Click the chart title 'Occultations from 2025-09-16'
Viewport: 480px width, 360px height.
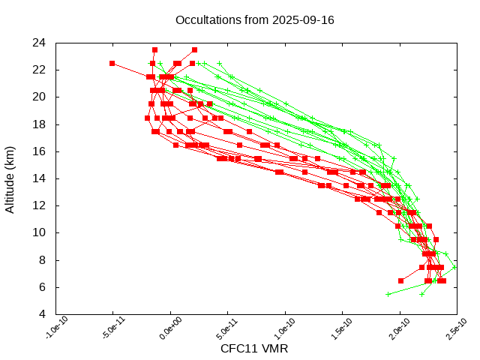(254, 20)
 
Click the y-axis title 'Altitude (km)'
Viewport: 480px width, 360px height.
(10, 178)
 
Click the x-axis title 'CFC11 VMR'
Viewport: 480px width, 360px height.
(254, 349)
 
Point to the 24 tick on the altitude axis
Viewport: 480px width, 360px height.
(40, 42)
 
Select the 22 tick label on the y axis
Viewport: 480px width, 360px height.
(40, 70)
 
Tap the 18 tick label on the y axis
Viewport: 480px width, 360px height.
(40, 124)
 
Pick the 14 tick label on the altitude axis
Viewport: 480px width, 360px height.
(40, 178)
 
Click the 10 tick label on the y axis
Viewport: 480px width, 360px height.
(40, 232)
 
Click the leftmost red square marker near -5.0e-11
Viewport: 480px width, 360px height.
(112, 63)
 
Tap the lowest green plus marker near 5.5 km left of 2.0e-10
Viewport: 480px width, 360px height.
(388, 294)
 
